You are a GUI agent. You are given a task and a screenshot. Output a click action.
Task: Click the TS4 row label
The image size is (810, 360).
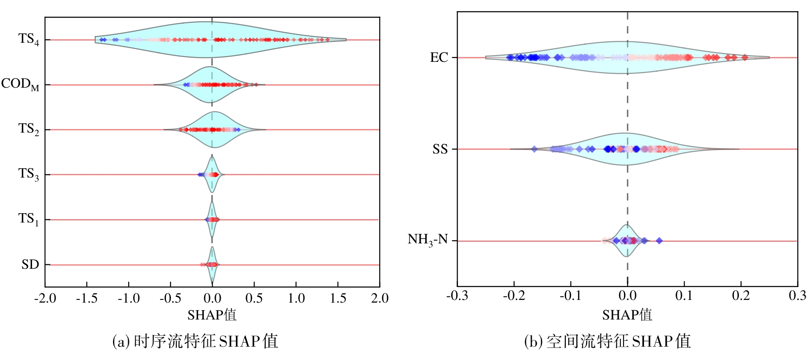point(29,39)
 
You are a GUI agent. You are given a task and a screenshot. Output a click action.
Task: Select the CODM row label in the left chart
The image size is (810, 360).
point(20,84)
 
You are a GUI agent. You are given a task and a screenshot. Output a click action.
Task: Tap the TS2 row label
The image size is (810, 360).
point(29,129)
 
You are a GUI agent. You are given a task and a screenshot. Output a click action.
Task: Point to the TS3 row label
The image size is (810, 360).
point(29,174)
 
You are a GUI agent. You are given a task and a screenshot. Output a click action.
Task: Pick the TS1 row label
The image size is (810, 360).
point(29,219)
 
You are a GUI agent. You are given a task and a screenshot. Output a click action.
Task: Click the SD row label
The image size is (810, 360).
point(30,265)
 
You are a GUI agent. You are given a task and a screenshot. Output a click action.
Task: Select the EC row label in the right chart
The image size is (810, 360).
point(439,57)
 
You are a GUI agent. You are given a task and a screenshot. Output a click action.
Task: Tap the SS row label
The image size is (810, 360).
point(440,149)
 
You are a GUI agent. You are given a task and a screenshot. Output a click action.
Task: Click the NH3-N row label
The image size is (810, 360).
point(428,240)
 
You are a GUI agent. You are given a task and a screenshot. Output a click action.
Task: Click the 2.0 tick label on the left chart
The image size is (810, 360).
point(380,299)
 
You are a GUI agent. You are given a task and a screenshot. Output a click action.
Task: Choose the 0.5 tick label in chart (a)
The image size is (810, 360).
point(254,299)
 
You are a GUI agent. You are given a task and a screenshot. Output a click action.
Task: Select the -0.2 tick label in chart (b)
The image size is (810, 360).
point(514,296)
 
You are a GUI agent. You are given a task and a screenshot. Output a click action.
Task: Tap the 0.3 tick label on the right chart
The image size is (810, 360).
point(797,296)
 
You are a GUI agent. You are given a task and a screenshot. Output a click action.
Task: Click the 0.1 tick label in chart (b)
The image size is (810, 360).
point(684,296)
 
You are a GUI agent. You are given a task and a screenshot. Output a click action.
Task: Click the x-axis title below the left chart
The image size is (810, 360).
point(212,315)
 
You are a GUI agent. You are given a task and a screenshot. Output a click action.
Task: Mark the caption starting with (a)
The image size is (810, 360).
point(195,341)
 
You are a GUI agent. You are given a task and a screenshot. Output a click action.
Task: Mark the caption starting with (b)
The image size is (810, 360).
point(607,341)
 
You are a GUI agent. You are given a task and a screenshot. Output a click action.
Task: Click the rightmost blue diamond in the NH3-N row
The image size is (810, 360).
point(659,241)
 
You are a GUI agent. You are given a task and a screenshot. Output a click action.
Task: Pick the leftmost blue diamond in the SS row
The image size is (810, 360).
point(535,149)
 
